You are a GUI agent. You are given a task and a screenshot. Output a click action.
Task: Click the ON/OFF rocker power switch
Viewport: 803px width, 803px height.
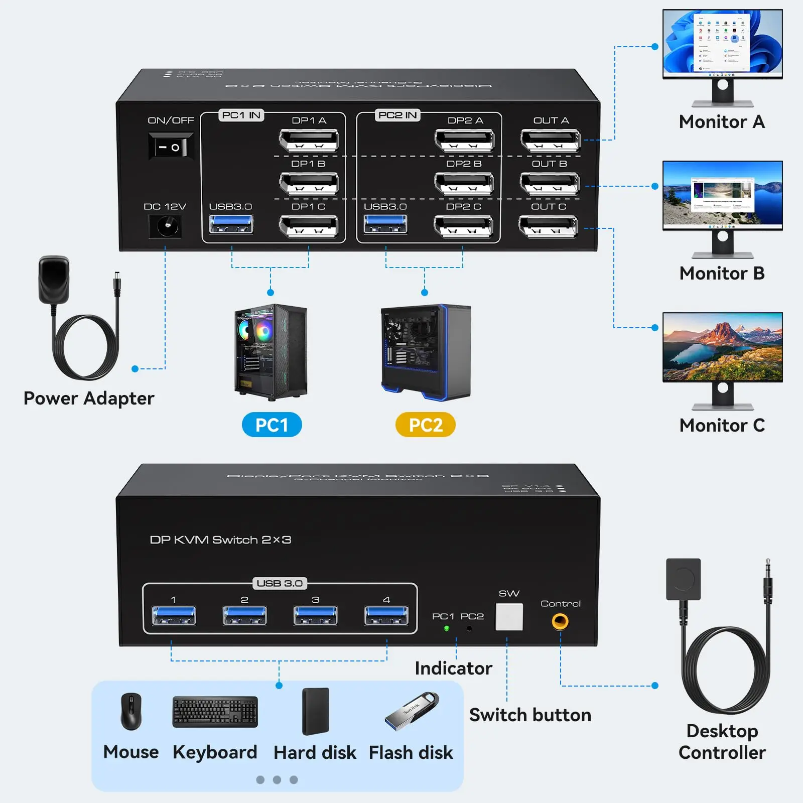pyautogui.click(x=171, y=147)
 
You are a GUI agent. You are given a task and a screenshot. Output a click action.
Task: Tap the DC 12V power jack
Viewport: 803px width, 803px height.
pyautogui.click(x=165, y=226)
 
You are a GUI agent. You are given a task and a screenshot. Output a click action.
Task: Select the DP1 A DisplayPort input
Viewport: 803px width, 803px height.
pyautogui.click(x=309, y=140)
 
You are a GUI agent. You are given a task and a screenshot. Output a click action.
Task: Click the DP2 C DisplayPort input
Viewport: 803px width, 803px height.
pyautogui.click(x=464, y=226)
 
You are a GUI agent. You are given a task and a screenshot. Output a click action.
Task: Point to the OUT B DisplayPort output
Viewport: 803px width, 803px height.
pyautogui.click(x=550, y=183)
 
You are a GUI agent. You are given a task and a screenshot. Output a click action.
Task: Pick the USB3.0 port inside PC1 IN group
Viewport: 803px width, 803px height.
pyautogui.click(x=231, y=224)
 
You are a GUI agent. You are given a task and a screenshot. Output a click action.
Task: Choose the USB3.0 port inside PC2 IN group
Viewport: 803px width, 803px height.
pyautogui.click(x=385, y=224)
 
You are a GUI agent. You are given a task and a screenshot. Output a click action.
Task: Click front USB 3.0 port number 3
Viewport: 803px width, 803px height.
pyautogui.click(x=315, y=616)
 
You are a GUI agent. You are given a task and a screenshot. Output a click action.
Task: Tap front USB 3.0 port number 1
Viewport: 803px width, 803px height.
pyautogui.click(x=174, y=616)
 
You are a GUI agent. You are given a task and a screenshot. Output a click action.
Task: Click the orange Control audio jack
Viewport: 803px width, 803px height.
pyautogui.click(x=560, y=622)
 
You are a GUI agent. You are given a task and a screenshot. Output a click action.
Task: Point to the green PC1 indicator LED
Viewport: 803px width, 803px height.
pyautogui.click(x=446, y=628)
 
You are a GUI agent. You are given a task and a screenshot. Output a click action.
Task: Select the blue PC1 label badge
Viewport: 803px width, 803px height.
pyautogui.click(x=272, y=425)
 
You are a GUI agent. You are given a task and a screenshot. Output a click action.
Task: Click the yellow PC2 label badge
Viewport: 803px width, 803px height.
pyautogui.click(x=426, y=425)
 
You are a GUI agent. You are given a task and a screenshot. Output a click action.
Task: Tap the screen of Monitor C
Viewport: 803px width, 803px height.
pyautogui.click(x=723, y=347)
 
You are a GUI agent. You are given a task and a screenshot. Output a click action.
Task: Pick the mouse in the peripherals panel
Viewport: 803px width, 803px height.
pyautogui.click(x=131, y=712)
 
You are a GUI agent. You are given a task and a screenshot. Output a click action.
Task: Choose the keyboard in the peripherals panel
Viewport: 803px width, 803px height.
pyautogui.click(x=215, y=712)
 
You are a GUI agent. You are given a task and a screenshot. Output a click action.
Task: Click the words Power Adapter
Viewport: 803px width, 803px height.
pyautogui.click(x=89, y=398)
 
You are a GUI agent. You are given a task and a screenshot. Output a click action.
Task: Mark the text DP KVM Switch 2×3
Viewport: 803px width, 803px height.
pyautogui.click(x=221, y=540)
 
